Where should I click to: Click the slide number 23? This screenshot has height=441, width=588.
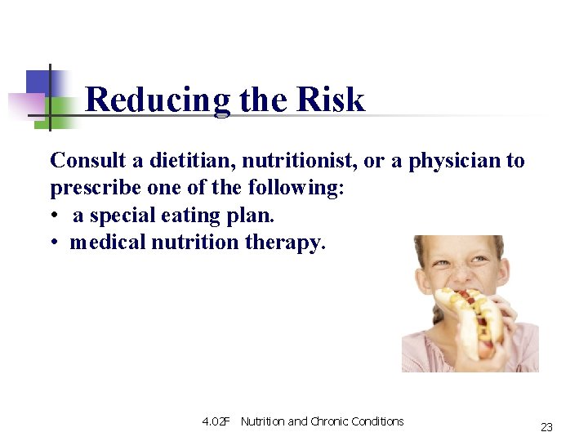click(546, 426)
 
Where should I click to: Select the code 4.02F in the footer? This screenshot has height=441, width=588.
click(216, 421)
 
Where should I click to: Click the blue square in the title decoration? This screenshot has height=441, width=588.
click(38, 82)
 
